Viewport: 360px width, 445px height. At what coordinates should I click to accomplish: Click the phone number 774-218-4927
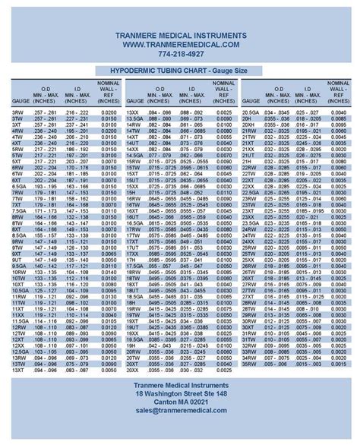click(x=180, y=55)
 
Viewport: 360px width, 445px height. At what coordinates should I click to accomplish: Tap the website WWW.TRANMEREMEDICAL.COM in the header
click(x=180, y=46)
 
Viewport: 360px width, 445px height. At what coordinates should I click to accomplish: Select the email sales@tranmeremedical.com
click(x=180, y=409)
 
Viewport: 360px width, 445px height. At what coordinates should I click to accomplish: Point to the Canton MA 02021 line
click(x=180, y=400)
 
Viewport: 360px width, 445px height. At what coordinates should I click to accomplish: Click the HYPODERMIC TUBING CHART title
click(x=180, y=70)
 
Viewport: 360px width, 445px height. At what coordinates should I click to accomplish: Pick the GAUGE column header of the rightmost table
click(x=250, y=100)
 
